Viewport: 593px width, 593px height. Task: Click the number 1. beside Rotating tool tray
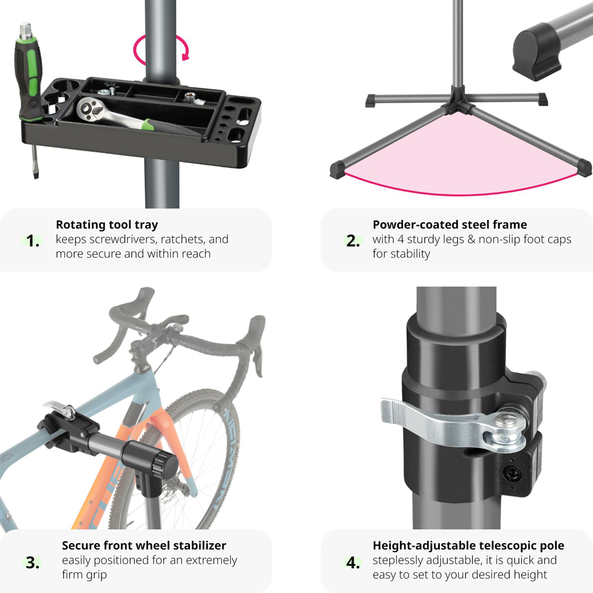tap(33, 241)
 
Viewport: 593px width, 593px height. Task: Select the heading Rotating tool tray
tap(107, 225)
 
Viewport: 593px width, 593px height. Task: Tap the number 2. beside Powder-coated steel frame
tap(353, 241)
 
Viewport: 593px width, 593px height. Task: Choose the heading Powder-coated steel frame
tap(449, 225)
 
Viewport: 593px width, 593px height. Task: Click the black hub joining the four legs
tap(458, 101)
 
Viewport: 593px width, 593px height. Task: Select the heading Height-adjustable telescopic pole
tap(468, 546)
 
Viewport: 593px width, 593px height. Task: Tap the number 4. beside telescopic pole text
tap(353, 563)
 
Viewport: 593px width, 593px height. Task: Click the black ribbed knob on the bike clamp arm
tap(165, 466)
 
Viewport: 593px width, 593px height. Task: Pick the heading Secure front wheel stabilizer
tap(144, 546)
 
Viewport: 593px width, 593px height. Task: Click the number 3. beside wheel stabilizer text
tap(33, 563)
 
